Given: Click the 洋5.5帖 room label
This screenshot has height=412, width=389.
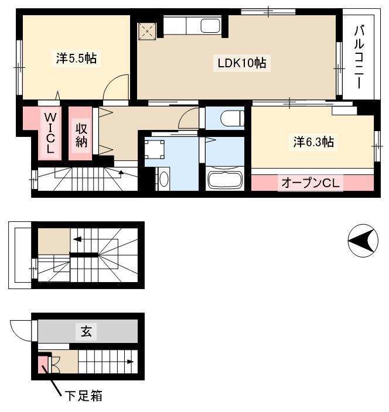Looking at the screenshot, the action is click(x=76, y=58).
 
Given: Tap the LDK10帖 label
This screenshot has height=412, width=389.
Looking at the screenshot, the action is click(x=242, y=63).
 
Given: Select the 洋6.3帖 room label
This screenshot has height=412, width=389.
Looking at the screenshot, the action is click(x=313, y=142).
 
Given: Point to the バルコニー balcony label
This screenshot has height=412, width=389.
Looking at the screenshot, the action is click(x=359, y=57).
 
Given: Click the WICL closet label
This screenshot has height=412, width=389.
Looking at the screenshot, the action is click(x=50, y=133).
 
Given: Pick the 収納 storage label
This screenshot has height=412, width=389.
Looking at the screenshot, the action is click(x=81, y=135).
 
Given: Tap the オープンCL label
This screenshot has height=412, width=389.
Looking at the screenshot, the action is click(x=310, y=183).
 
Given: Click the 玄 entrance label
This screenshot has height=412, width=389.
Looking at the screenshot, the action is click(x=86, y=331).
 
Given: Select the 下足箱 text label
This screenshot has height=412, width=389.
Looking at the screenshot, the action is click(x=84, y=396).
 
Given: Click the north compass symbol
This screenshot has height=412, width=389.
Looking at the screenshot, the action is click(x=363, y=241).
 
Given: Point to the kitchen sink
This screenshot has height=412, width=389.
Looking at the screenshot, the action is click(x=210, y=26).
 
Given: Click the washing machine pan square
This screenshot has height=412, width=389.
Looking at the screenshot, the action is click(x=155, y=149).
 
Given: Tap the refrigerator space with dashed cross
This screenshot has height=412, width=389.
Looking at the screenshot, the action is click(x=147, y=31).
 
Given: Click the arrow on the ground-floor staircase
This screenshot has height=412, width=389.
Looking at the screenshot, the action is click(x=131, y=362).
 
